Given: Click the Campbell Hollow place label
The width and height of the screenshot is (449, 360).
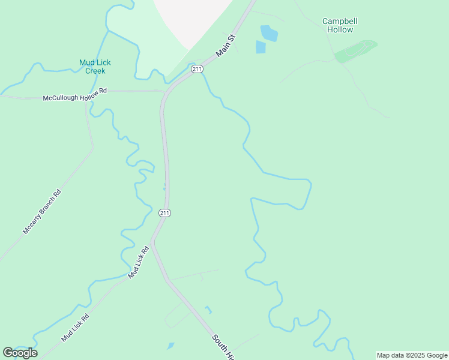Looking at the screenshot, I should pyautogui.click(x=340, y=25).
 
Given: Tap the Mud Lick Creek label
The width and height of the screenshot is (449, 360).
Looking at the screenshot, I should pyautogui.click(x=95, y=67).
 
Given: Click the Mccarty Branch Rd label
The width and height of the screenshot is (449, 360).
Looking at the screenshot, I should pyautogui.click(x=41, y=212).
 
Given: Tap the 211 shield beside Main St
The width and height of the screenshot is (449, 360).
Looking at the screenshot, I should pyautogui.click(x=197, y=70).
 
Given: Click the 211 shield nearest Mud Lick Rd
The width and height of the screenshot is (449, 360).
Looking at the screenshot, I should pyautogui.click(x=165, y=213).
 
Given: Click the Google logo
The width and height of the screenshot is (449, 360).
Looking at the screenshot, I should pyautogui.click(x=20, y=352).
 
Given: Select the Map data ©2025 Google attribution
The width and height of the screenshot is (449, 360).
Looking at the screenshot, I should pyautogui.click(x=412, y=355).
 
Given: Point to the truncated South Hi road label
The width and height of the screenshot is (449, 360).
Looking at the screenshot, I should pyautogui.click(x=221, y=347).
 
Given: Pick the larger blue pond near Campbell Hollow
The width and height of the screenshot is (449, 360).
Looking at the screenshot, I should pyautogui.click(x=269, y=32).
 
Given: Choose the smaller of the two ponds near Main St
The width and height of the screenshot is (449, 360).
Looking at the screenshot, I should pyautogui.click(x=261, y=47).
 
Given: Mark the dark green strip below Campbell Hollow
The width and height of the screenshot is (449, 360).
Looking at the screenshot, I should pyautogui.click(x=356, y=50).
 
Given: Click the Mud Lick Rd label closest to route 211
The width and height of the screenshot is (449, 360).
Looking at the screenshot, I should pyautogui.click(x=137, y=262).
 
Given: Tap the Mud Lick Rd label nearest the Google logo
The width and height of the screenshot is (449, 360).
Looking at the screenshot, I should pyautogui.click(x=75, y=328).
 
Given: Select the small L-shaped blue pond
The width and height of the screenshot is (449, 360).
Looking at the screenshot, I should pyautogui.click(x=208, y=310).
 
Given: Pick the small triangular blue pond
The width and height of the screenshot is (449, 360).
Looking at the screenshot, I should pyautogui.click(x=170, y=346).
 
